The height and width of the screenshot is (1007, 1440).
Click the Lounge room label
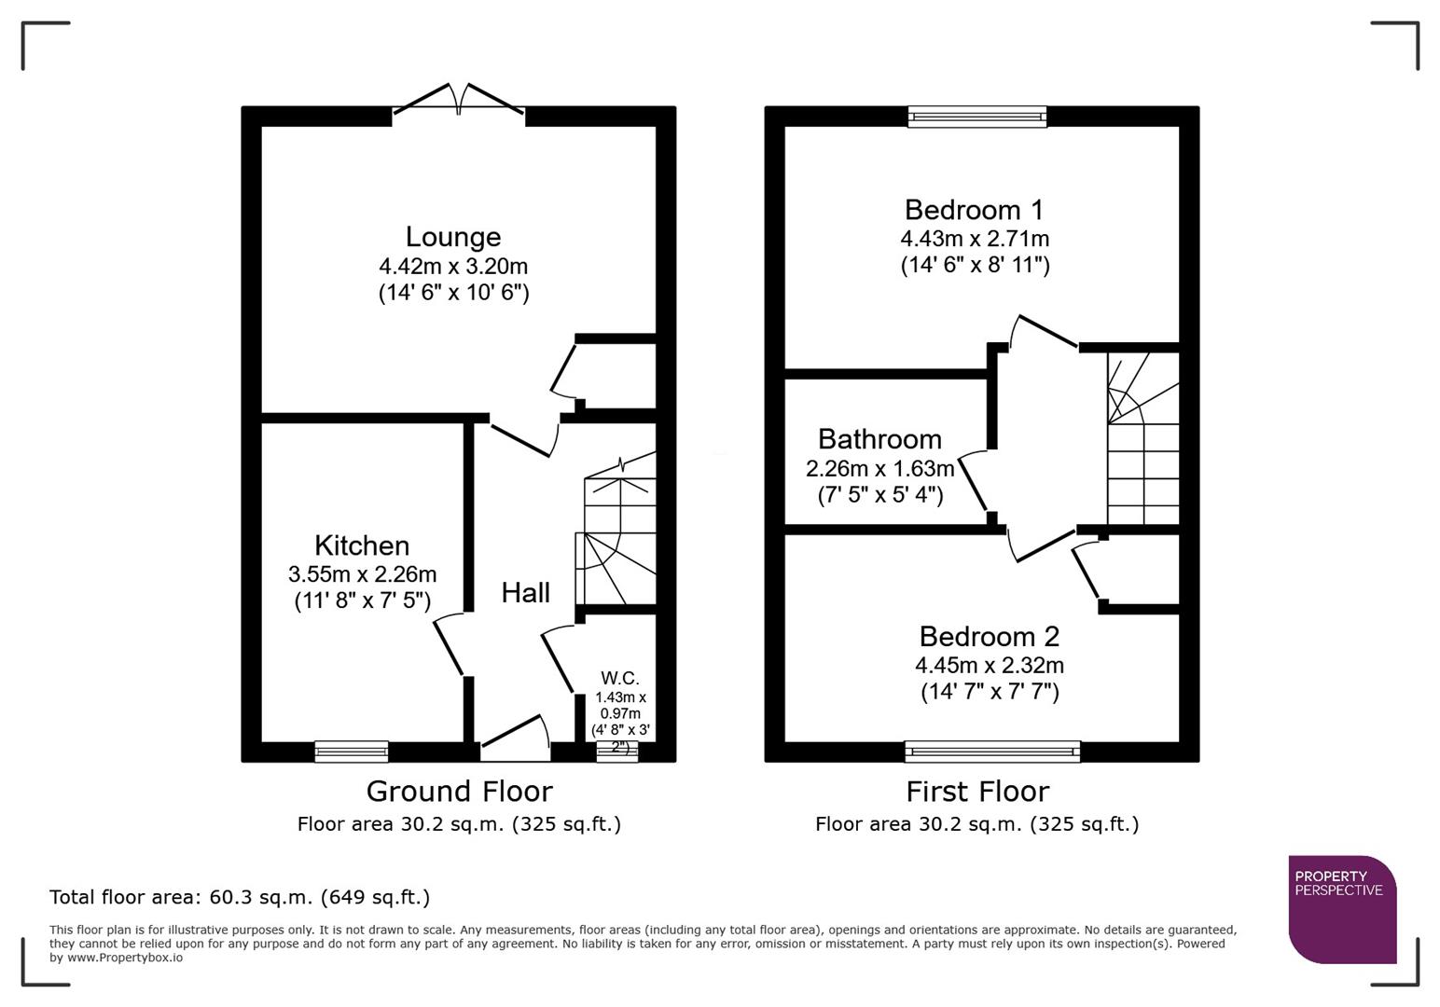pos(453,237)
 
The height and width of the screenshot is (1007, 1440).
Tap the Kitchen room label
pos(362,545)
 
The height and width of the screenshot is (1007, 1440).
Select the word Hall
pos(525,593)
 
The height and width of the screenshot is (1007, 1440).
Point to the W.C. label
pos(620,678)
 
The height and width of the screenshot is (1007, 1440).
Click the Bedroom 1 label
pos(974,210)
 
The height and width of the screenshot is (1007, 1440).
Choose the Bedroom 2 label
pos(989,637)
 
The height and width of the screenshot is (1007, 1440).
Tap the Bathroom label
pos(879,439)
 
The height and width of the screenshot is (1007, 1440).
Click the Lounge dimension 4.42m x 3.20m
pos(453,267)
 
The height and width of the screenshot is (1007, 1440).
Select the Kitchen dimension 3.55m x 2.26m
pos(362,574)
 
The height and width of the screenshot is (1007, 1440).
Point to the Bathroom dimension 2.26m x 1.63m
pos(879,468)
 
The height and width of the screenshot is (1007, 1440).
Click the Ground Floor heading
pos(459,792)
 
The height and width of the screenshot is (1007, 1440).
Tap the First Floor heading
pos(977,792)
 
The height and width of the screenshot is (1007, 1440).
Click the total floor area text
pos(240,897)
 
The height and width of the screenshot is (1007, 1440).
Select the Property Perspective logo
pos(1341,908)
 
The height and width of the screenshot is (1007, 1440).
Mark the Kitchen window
pos(352,751)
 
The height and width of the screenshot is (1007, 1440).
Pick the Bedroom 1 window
pos(976,117)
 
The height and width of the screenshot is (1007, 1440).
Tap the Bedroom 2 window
pos(992,751)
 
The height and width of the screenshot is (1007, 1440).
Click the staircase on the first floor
pos(1142,438)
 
